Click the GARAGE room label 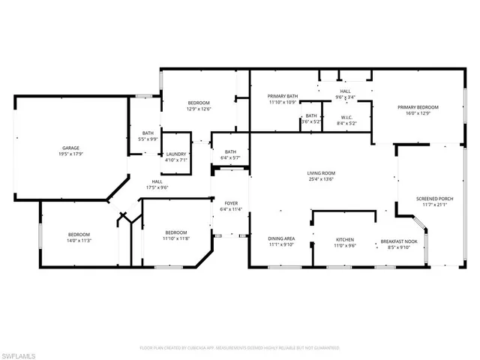click(x=71, y=148)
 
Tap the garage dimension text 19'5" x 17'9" click(x=71, y=154)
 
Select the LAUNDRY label click(x=175, y=154)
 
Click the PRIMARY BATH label click(x=283, y=96)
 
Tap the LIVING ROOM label click(x=320, y=172)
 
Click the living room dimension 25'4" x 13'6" click(x=320, y=179)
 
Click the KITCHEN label click(x=344, y=240)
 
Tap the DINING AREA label click(x=281, y=240)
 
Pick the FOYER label click(x=232, y=203)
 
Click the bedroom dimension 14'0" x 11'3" click(x=79, y=241)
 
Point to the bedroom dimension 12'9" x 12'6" click(x=199, y=109)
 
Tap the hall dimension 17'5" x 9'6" click(x=157, y=187)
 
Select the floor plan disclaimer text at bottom click(x=240, y=347)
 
